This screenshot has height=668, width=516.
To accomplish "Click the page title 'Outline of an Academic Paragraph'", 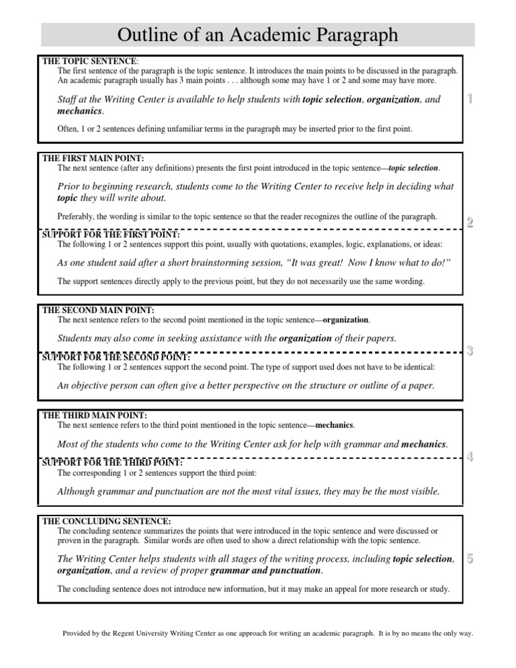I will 258,35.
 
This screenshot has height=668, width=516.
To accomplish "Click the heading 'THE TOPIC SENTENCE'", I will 89,61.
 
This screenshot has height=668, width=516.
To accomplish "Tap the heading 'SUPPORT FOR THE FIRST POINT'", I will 111,235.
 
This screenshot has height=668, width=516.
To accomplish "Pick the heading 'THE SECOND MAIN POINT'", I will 98,310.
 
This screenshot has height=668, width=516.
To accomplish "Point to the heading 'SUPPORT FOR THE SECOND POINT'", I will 116,357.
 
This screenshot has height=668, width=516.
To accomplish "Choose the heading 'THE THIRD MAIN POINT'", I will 94,417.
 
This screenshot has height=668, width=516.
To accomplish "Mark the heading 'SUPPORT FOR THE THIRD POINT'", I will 112,462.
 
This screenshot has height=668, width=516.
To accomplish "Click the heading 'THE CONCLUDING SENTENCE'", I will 106,521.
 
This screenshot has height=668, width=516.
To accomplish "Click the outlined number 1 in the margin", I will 470,99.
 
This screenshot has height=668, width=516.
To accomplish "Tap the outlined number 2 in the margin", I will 470,222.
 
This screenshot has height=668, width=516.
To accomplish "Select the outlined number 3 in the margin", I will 470,350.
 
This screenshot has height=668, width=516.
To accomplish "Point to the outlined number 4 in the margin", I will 470,457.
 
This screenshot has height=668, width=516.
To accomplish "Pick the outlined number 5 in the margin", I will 470,558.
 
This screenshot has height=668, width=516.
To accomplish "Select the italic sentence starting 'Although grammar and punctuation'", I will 249,491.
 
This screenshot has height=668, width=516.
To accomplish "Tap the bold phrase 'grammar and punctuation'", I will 265,571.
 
